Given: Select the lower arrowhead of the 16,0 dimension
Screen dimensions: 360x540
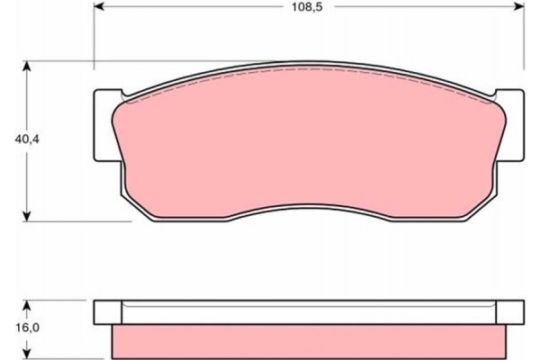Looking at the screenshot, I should (x=29, y=353).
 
